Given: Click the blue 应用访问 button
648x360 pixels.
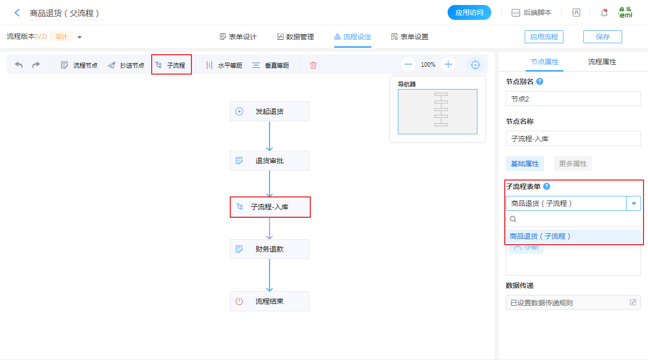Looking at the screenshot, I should click(469, 12).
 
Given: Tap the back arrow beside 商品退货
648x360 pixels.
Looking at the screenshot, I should click(17, 13).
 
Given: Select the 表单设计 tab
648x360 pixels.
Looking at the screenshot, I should click(238, 37).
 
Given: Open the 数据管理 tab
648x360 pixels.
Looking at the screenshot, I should click(295, 37).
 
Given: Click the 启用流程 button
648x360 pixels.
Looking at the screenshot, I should click(544, 37).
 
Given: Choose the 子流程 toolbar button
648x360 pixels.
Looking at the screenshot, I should click(171, 65).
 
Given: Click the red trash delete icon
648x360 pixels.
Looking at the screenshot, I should click(313, 65).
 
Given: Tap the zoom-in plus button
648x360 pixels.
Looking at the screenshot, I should click(448, 64).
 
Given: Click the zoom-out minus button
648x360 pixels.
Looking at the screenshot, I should click(409, 64).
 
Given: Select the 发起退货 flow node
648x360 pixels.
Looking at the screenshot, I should click(270, 111).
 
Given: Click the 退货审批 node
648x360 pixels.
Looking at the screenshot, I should click(270, 161).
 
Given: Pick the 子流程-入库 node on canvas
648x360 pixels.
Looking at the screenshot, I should click(270, 207).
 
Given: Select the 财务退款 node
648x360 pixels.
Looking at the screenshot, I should click(270, 249).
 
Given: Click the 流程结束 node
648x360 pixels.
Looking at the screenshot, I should click(270, 301).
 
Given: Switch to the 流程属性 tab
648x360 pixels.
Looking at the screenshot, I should click(602, 62).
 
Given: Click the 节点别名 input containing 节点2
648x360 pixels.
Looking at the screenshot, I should click(573, 99).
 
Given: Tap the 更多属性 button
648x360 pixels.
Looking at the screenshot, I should click(572, 164).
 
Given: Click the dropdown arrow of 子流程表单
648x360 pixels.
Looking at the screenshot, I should click(634, 203).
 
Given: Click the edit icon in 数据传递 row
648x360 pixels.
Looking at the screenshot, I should click(633, 302).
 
